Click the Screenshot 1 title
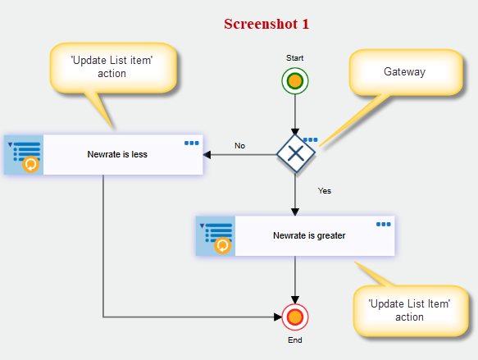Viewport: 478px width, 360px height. [266, 24]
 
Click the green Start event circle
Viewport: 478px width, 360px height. [295, 81]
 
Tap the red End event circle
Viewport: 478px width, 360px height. [295, 317]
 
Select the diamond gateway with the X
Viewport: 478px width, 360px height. [296, 153]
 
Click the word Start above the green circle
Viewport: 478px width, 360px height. [295, 58]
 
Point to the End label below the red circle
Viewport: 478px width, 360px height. [295, 339]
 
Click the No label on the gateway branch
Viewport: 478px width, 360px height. [239, 146]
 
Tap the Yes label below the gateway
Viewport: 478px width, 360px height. [325, 191]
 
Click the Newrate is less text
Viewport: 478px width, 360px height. [117, 154]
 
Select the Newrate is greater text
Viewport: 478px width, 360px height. [309, 235]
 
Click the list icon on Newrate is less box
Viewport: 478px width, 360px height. [24, 155]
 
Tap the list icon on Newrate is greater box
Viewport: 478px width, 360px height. [216, 236]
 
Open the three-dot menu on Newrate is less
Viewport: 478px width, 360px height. [191, 143]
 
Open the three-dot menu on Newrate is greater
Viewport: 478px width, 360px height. [383, 225]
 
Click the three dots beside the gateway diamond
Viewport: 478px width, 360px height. [311, 139]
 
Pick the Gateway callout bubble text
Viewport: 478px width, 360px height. [404, 71]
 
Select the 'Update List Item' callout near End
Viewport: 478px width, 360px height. [409, 310]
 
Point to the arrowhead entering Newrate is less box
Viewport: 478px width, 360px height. [207, 155]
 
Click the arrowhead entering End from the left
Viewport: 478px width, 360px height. [278, 317]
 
